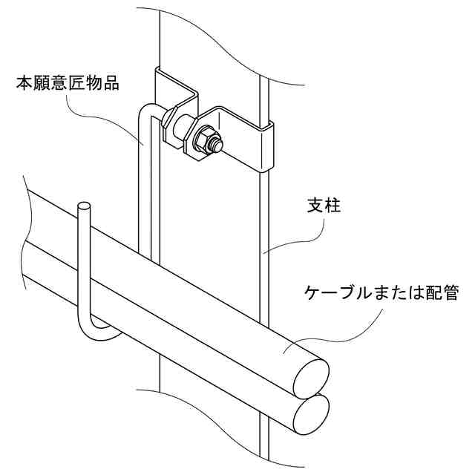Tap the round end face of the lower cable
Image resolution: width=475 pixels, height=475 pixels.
[309, 413]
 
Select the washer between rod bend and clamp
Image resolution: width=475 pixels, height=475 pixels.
[171, 119]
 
